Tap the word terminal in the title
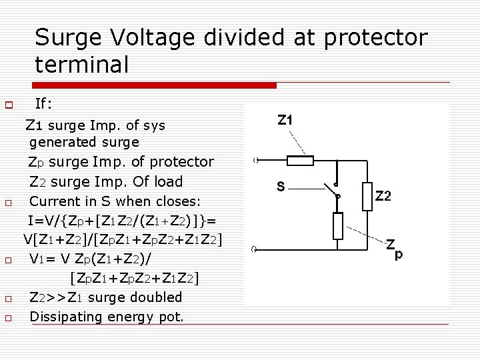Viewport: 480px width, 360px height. [x=82, y=64]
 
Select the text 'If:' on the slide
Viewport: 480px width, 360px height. [x=44, y=104]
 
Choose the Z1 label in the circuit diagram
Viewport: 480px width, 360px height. [x=285, y=121]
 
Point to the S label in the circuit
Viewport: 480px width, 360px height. [x=281, y=187]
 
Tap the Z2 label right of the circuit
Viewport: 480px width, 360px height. [x=383, y=196]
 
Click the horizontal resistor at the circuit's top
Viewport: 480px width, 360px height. [x=299, y=161]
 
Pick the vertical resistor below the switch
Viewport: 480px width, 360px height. [x=337, y=225]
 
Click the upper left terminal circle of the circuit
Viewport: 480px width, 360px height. [x=255, y=161]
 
